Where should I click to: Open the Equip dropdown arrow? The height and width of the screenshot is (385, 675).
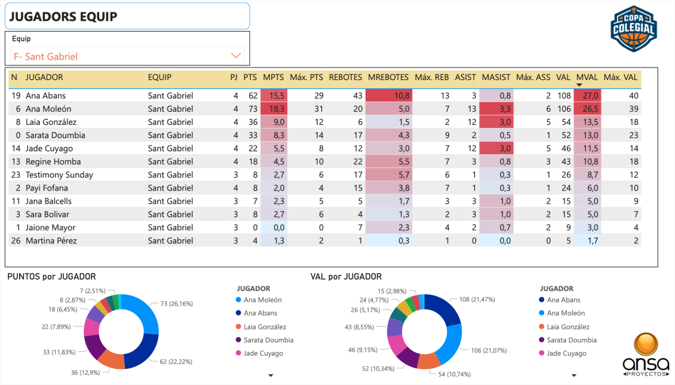tap(236, 56)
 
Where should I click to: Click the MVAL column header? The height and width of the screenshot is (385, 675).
tap(586, 77)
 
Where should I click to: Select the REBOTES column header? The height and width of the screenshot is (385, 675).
tap(345, 77)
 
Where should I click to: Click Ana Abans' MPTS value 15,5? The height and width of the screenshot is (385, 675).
tap(276, 96)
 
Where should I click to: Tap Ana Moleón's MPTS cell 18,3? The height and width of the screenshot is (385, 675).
tap(276, 109)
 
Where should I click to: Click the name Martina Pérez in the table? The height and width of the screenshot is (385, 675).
tap(51, 240)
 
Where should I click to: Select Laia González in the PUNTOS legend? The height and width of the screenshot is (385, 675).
tap(265, 327)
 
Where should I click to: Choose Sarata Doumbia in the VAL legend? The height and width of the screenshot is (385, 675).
tap(572, 340)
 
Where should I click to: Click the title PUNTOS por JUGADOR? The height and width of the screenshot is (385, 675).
tap(51, 276)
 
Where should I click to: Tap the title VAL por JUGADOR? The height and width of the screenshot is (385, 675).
tap(346, 276)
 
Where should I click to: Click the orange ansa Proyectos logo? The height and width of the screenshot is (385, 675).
tap(645, 354)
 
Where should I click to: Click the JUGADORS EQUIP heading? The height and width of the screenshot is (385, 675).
tap(63, 17)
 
